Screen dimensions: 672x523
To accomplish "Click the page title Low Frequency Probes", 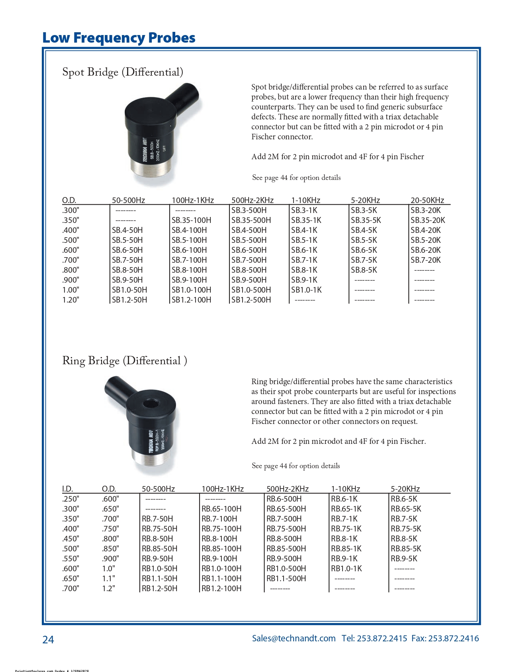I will pyautogui.click(x=119, y=38).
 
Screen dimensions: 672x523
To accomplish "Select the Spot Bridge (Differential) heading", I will pyautogui.click(x=123, y=72).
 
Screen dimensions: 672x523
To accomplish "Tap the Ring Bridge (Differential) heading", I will pyautogui.click(x=124, y=361).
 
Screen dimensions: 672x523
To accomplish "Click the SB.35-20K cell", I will pyautogui.click(x=428, y=220).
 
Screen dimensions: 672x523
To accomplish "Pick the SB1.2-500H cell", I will pyautogui.click(x=251, y=300).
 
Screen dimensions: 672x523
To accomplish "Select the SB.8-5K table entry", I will pyautogui.click(x=364, y=270).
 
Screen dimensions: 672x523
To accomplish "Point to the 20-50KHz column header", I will pyautogui.click(x=427, y=200).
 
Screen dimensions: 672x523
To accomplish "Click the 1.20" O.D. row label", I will pyautogui.click(x=71, y=300).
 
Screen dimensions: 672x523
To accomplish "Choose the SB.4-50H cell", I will pyautogui.click(x=127, y=230).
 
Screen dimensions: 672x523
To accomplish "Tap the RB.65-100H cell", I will pyautogui.click(x=221, y=509).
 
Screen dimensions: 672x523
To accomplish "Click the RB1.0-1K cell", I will pyautogui.click(x=347, y=568).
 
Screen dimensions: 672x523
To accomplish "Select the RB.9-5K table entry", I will pyautogui.click(x=404, y=559).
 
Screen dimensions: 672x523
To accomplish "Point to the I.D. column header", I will pyautogui.click(x=68, y=489).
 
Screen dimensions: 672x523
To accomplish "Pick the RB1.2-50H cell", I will pyautogui.click(x=159, y=588).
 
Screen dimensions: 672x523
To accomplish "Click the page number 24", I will pyautogui.click(x=48, y=639).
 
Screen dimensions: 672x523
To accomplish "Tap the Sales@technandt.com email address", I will pyautogui.click(x=294, y=638).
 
